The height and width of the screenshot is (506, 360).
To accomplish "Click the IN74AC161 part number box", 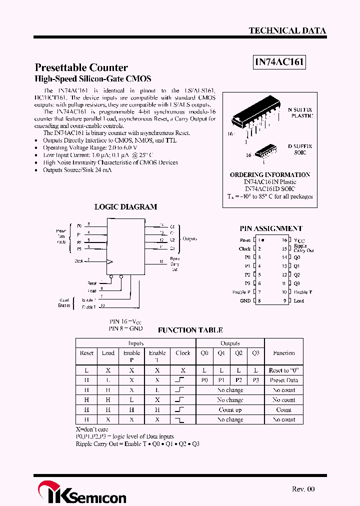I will click(279, 62).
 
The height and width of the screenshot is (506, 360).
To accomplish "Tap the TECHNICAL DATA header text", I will click(287, 30).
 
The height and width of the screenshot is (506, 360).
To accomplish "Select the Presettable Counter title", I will click(81, 67).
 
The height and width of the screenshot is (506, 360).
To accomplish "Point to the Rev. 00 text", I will click(303, 489).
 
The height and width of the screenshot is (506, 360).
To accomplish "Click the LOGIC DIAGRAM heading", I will click(125, 206).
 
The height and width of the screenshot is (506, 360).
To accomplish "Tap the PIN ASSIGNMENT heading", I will click(270, 228).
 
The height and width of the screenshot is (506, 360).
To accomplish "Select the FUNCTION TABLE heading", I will click(190, 330).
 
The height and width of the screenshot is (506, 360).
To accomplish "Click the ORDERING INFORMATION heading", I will click(270, 174).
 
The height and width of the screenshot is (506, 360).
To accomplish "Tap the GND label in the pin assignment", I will click(245, 301).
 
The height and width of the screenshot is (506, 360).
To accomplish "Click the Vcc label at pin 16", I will click(299, 240).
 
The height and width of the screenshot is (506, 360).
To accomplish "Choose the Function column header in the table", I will click(283, 353).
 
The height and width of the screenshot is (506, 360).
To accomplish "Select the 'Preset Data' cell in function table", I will click(283, 380).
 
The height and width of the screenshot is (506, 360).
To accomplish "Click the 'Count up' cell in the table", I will click(230, 409).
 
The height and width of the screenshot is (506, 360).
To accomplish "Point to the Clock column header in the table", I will click(182, 353).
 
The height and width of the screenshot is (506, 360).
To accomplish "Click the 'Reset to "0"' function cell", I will click(283, 370).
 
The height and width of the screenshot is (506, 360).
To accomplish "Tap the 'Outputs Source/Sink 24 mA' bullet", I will click(77, 170).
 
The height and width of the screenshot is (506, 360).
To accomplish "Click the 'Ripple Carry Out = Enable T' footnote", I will click(137, 443).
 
